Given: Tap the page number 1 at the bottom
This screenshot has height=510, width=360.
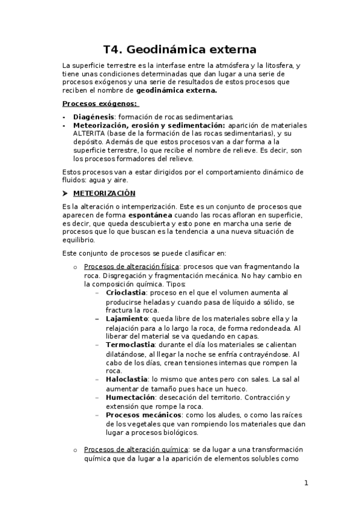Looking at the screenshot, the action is [306, 483].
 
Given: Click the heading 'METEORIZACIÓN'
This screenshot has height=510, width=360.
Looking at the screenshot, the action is [104, 194].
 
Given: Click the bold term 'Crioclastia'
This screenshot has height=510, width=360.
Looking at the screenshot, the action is [126, 292].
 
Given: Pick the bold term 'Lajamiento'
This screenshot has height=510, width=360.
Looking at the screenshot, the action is [127, 318].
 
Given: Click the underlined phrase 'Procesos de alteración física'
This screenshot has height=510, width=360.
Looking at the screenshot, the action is [132, 266].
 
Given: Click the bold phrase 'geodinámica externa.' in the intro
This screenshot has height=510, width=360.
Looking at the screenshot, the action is [177, 90].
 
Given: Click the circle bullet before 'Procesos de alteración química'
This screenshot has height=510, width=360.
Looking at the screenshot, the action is [75, 450].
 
